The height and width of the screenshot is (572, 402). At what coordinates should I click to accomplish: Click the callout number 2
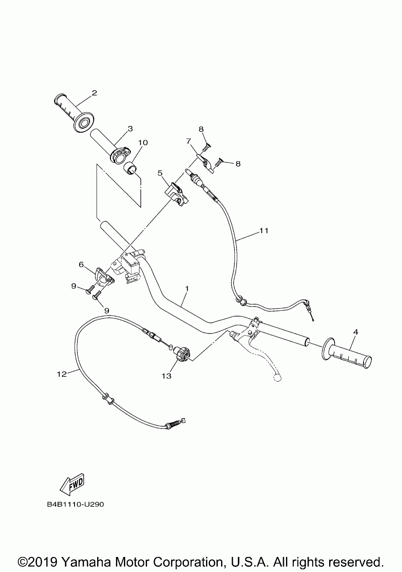click(x=94, y=93)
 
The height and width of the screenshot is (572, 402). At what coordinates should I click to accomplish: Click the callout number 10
click(x=143, y=143)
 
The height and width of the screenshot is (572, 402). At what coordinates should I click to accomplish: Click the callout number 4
click(x=356, y=332)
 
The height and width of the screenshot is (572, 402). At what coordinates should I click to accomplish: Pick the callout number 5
click(x=160, y=173)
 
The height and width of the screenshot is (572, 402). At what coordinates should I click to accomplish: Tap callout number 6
click(x=81, y=264)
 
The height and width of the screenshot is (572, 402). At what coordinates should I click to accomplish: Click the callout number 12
click(x=62, y=374)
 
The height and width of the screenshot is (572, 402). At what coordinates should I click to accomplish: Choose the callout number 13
click(x=167, y=376)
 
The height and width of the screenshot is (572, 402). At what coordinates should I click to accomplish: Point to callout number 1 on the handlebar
click(x=187, y=289)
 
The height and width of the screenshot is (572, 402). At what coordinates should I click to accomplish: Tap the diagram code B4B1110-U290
click(x=75, y=504)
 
